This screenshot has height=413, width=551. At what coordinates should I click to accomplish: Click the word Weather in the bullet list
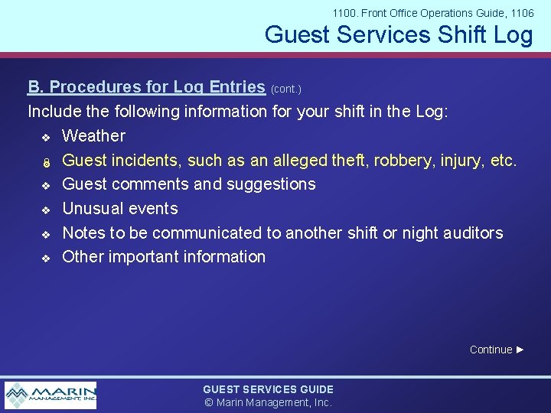point(93,136)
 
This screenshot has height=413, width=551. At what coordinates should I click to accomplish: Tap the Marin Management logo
point(51,395)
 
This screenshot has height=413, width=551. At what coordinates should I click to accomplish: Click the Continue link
point(491,350)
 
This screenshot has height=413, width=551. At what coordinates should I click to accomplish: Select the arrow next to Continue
point(520,350)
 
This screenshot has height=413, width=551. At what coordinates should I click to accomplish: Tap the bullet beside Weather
point(45,137)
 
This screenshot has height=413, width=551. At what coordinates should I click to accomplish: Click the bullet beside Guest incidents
point(45,161)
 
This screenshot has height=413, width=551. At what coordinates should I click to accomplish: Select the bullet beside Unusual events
point(45,210)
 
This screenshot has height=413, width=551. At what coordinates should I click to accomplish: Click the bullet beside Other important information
point(45,258)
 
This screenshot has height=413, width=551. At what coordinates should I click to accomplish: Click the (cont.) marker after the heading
point(286,89)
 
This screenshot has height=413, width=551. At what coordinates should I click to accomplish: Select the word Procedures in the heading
point(96,87)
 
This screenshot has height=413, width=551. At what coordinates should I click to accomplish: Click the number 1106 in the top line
point(521,13)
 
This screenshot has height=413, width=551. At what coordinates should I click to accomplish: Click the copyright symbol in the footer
point(207,402)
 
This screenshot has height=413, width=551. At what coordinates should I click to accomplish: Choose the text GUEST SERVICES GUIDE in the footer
point(268,389)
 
